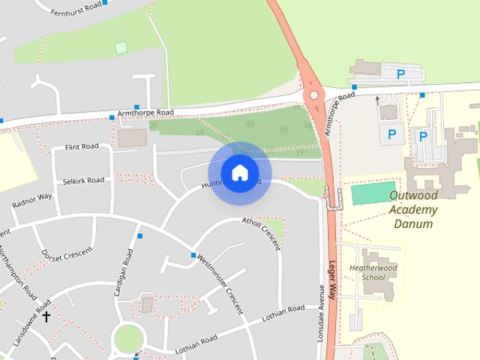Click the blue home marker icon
[x=239, y=173]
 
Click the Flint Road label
[x=82, y=146]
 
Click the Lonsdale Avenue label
[x=320, y=313]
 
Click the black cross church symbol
[x=46, y=316]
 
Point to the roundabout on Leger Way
[x=313, y=95]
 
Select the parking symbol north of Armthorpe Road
[x=401, y=74]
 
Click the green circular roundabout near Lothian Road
[x=128, y=339]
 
